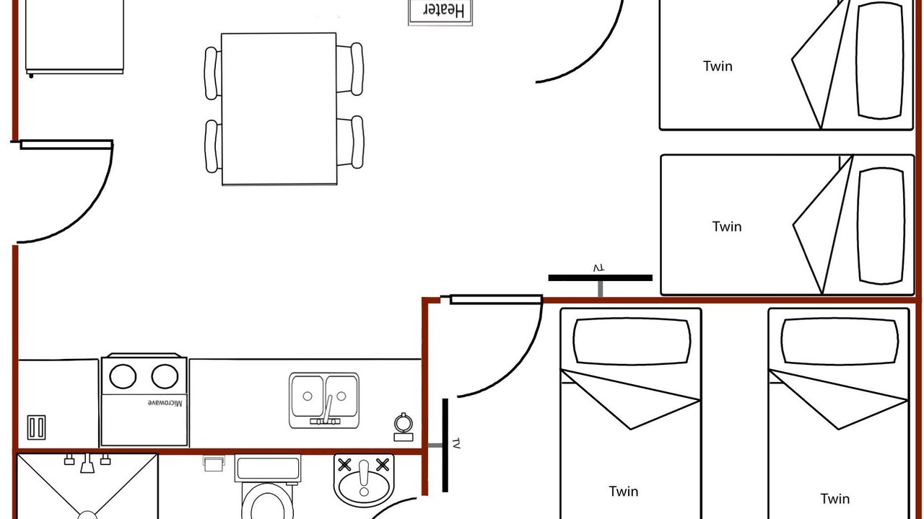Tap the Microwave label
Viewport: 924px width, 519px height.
click(165, 403)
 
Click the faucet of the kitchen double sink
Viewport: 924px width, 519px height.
click(327, 411)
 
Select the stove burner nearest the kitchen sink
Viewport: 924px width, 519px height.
click(165, 376)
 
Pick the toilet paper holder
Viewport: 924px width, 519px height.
click(214, 463)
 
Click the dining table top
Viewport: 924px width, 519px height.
click(279, 109)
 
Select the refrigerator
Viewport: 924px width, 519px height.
click(74, 37)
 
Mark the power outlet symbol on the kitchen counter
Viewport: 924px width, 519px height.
click(36, 427)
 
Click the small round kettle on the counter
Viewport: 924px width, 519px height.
click(404, 427)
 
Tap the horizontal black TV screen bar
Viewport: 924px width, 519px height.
click(600, 278)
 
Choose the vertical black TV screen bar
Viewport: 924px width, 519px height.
click(445, 445)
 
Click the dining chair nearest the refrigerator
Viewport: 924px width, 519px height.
click(212, 74)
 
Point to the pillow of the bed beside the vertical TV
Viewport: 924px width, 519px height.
click(632, 341)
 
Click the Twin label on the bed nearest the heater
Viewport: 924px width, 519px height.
click(718, 66)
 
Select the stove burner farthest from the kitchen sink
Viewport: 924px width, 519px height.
click(123, 376)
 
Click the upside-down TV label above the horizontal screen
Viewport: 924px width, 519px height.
click(599, 268)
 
